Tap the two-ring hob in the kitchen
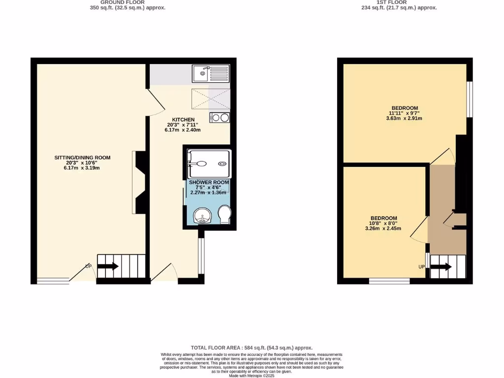pyautogui.click(x=219, y=118)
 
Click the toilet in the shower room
pyautogui.click(x=224, y=215)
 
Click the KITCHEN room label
pyautogui.click(x=183, y=120)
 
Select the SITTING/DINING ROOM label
pyautogui.click(x=82, y=157)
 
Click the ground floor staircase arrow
pyautogui.click(x=108, y=266)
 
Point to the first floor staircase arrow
pyautogui.click(x=441, y=267)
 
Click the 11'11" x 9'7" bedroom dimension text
pyautogui.click(x=405, y=113)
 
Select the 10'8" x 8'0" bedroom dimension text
pyautogui.click(x=383, y=223)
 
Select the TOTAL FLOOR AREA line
pyautogui.click(x=252, y=347)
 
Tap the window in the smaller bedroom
pyautogui.click(x=389, y=281)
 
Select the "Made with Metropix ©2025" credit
pyautogui.click(x=252, y=376)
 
